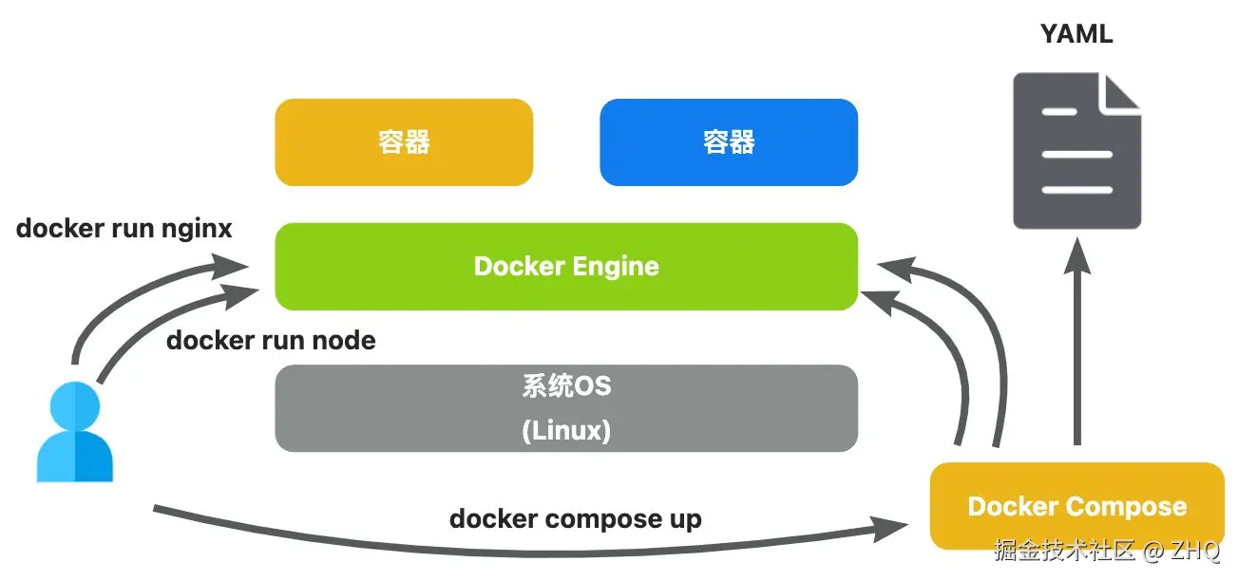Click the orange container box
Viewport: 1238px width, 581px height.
(404, 142)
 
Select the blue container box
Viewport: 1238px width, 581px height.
(729, 142)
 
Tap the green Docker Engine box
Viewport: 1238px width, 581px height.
(566, 267)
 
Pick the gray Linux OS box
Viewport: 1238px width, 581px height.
(566, 408)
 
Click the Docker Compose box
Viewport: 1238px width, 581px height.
(1076, 506)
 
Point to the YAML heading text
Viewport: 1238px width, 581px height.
(1076, 35)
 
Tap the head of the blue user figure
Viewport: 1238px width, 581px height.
(73, 404)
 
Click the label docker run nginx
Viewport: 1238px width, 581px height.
(124, 229)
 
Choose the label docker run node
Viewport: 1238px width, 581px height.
(271, 340)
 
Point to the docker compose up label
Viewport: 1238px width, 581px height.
(575, 519)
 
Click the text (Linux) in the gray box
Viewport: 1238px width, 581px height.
(566, 430)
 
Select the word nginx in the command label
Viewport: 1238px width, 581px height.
(197, 229)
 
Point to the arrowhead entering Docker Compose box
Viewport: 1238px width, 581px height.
(898, 526)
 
